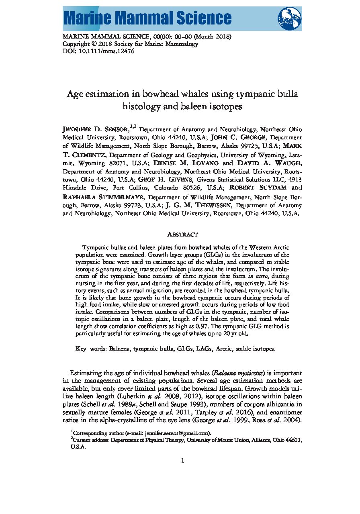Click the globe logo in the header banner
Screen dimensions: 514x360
[x=289, y=18]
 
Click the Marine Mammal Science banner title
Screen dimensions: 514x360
[x=147, y=18]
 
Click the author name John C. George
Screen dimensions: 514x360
[x=235, y=137]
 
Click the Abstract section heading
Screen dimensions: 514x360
[x=182, y=235]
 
